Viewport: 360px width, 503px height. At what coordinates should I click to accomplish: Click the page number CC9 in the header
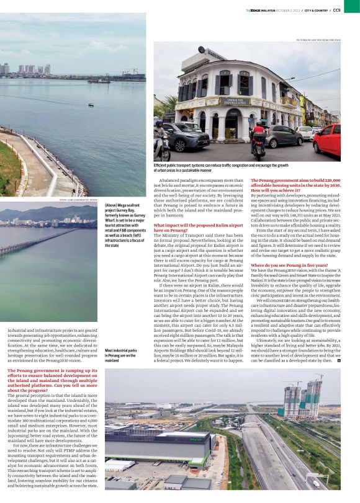coord(353,10)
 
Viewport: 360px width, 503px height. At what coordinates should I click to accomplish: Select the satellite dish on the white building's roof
coord(202,50)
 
